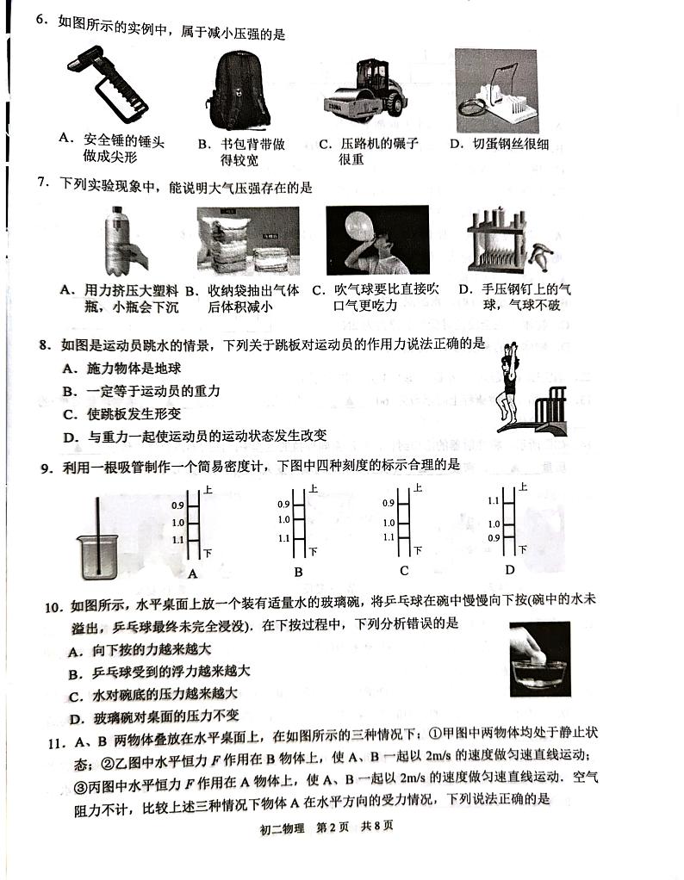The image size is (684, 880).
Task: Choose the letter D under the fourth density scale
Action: pyautogui.click(x=509, y=569)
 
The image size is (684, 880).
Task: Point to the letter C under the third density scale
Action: pyautogui.click(x=403, y=571)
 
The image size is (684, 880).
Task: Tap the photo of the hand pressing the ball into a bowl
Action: pyautogui.click(x=539, y=659)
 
